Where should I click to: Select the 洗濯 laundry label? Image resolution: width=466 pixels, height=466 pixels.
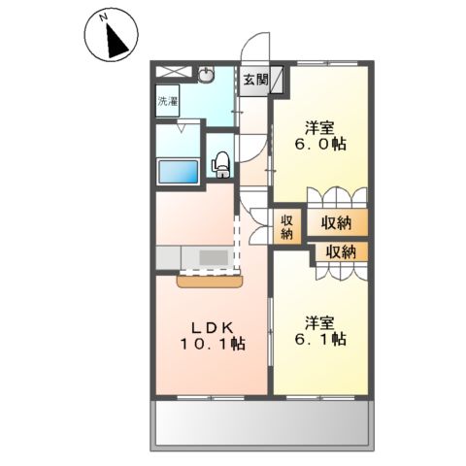(x=169, y=100)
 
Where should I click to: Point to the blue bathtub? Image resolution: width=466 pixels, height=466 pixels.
(x=179, y=173)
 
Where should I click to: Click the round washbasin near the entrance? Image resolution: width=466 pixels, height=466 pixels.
(x=206, y=75)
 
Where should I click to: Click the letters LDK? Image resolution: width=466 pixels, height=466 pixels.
(x=211, y=325)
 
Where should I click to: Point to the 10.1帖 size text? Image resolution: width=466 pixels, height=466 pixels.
(x=213, y=345)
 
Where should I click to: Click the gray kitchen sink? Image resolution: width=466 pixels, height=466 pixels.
(x=213, y=257)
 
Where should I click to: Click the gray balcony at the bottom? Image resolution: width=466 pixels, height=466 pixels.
(x=262, y=423)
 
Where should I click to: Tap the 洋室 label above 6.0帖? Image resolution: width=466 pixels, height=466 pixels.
(x=321, y=125)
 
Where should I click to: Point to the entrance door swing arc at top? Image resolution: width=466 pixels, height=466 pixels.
(x=257, y=47)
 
